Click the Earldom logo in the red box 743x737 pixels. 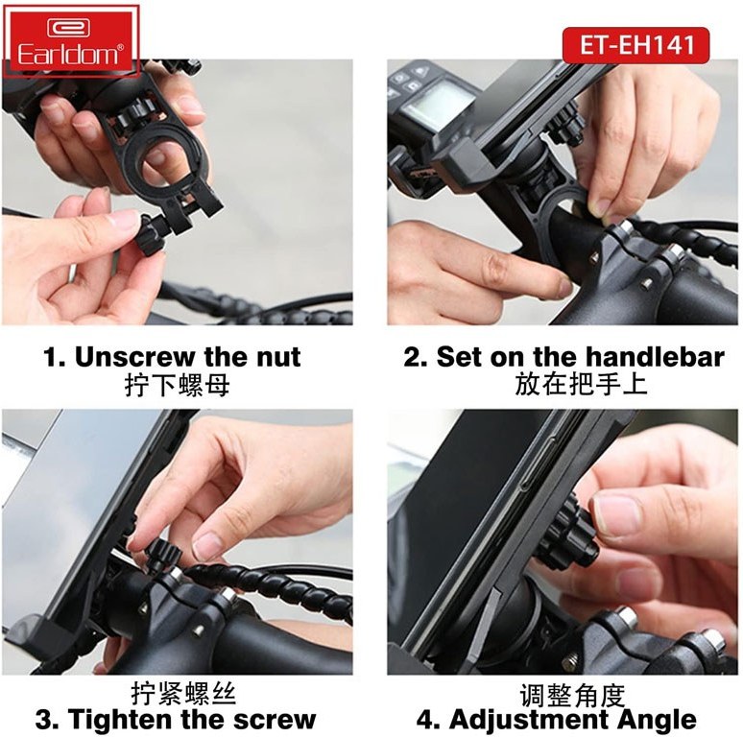[x=71, y=41]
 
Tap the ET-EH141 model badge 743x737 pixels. [x=635, y=45]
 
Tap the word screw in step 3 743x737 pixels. [x=275, y=720]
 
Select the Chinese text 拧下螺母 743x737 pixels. [x=178, y=385]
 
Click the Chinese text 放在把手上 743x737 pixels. [x=581, y=384]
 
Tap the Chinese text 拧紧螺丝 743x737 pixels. [x=183, y=694]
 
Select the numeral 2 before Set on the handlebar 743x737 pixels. [x=410, y=357]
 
